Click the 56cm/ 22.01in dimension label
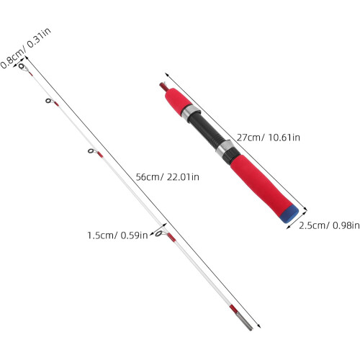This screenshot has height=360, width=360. [x=167, y=177]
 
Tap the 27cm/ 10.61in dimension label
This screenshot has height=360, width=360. [x=269, y=138]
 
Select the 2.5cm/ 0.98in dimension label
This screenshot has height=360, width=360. [x=329, y=225]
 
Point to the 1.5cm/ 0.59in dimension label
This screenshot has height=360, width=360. [x=117, y=235]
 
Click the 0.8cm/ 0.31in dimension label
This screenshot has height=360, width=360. [x=26, y=48]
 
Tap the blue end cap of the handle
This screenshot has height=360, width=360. [x=289, y=214]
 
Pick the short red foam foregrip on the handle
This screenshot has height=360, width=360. [x=177, y=101]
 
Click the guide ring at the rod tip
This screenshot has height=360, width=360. [x=21, y=66]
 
